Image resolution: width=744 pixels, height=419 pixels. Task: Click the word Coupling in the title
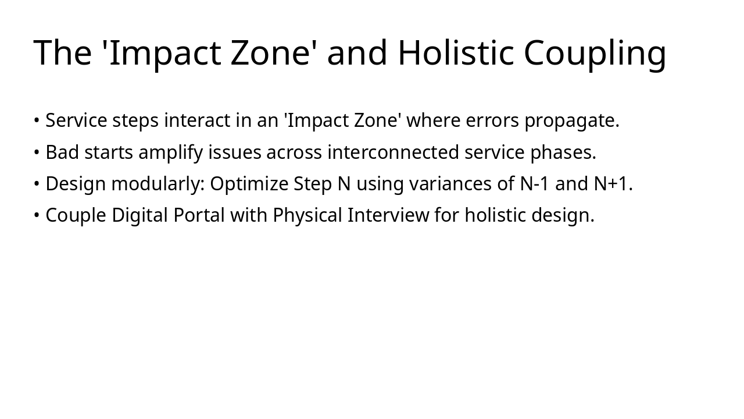(x=595, y=54)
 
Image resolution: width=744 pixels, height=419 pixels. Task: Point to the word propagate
(x=571, y=121)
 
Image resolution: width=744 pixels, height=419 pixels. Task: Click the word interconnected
(x=393, y=152)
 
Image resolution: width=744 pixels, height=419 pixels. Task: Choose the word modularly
(x=158, y=184)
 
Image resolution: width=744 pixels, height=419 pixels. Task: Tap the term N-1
(x=534, y=184)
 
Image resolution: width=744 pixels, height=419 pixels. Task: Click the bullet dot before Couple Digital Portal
(x=37, y=216)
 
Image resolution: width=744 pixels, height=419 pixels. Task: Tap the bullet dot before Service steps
(x=37, y=121)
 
